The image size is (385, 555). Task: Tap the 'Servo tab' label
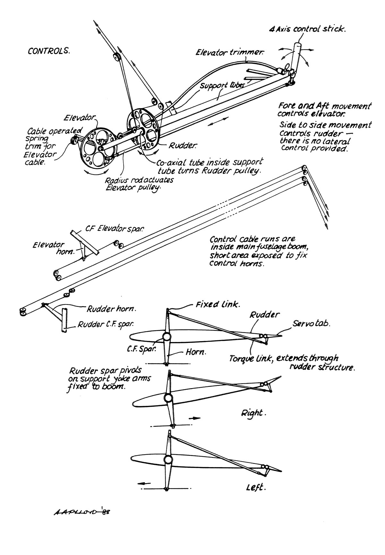311,323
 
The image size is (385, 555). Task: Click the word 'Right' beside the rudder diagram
253,413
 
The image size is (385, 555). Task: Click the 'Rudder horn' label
111,309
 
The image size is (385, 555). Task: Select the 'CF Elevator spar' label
114,229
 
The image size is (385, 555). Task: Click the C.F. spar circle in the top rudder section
167,337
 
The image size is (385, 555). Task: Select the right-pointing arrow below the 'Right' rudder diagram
194,418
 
